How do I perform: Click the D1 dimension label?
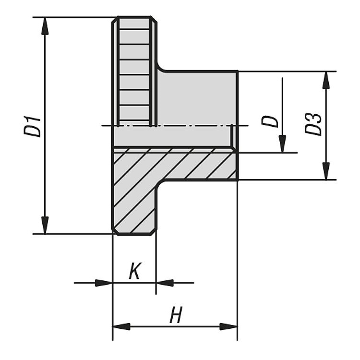(32, 127)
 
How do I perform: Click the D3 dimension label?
(313, 124)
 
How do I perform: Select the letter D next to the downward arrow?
(270, 122)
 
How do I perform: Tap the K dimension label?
(134, 271)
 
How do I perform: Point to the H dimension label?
(176, 314)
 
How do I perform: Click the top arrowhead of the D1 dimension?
(45, 26)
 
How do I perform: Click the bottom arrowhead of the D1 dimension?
(45, 225)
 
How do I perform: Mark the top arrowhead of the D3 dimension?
(326, 80)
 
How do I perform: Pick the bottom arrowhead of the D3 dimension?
(326, 171)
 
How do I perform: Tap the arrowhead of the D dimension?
(282, 144)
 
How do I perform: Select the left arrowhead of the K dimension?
(104, 283)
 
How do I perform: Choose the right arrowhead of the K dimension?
(165, 283)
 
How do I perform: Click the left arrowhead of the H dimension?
(121, 326)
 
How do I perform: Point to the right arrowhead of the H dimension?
(228, 326)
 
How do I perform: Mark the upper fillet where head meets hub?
(161, 68)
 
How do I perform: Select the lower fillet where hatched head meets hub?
(160, 183)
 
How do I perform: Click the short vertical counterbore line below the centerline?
(232, 135)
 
